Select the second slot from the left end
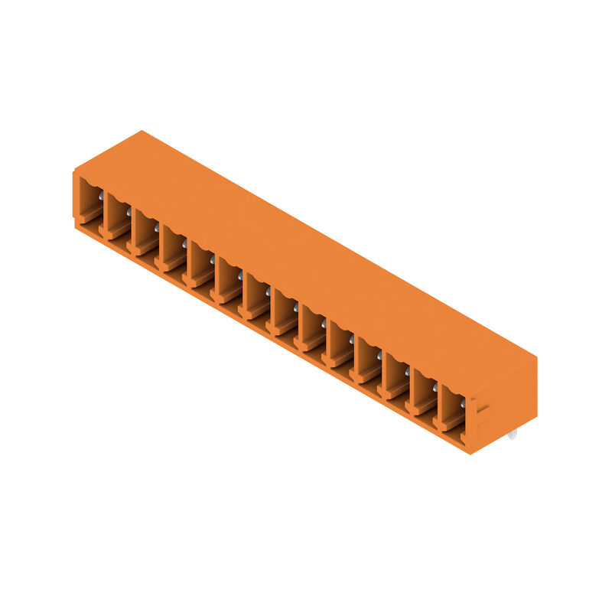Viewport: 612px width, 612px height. [118, 216]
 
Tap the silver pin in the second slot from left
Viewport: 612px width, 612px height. [129, 210]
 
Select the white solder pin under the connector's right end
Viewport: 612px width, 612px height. [511, 434]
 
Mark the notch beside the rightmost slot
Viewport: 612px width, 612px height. [473, 417]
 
